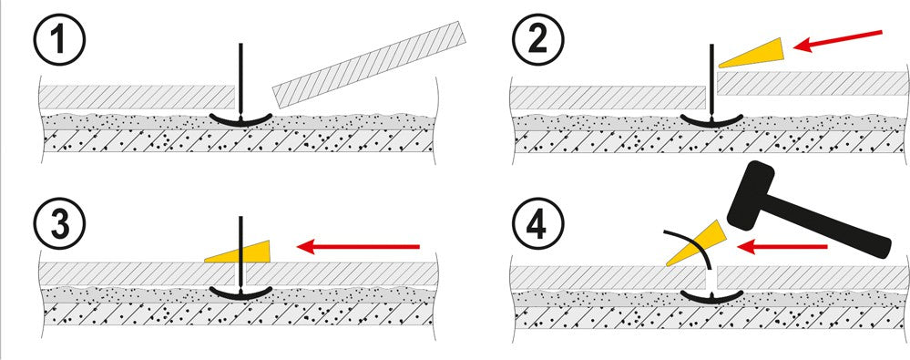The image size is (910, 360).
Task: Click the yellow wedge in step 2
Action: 752,54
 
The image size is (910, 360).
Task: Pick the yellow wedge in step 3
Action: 238,251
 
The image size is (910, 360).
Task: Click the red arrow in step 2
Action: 837,41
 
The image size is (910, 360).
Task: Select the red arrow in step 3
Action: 357,247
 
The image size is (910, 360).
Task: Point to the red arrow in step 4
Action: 782,247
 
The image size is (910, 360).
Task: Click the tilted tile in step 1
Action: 370,65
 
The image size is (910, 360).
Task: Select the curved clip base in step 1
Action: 240,119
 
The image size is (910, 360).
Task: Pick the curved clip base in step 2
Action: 711,120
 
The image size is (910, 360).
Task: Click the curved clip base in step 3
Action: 240,293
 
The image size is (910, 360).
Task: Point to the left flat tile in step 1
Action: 137,97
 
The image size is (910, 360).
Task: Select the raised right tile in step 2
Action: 813,83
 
